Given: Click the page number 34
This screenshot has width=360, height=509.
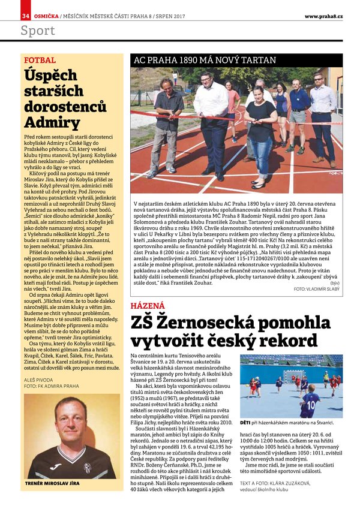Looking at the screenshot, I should tap(26, 15).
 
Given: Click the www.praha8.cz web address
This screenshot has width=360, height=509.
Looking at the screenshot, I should tap(323, 16).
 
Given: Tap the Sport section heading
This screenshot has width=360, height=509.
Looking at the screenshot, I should tap(38, 31).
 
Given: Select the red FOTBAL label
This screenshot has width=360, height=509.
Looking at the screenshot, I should tap(40, 61).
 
